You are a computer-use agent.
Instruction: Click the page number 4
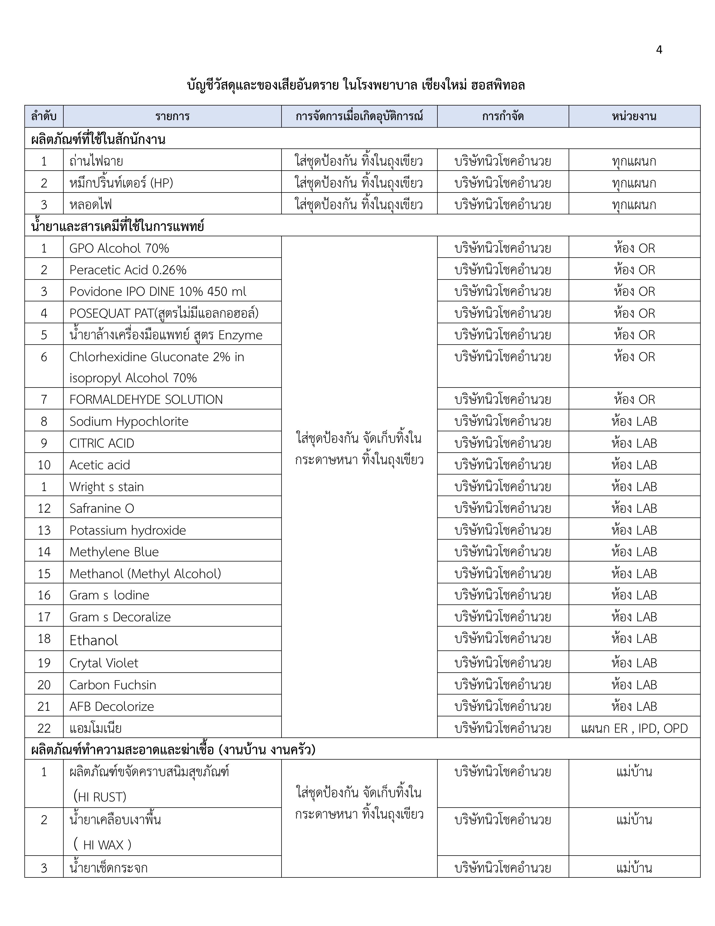click(x=659, y=50)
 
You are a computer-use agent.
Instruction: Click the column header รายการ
click(x=172, y=116)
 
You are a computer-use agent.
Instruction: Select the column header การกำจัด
click(x=503, y=116)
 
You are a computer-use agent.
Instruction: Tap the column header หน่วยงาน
click(x=634, y=116)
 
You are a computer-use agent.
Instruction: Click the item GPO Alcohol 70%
click(x=119, y=248)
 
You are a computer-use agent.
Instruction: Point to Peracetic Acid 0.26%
click(x=128, y=270)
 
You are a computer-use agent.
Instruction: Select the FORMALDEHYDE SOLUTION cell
click(x=146, y=399)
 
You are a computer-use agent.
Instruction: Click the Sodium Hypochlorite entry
click(x=129, y=421)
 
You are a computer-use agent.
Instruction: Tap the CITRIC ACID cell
click(x=102, y=443)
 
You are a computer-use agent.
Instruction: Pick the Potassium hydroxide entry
click(x=128, y=530)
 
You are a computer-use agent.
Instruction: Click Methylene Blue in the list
click(x=114, y=552)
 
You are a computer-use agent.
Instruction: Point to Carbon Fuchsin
click(x=113, y=685)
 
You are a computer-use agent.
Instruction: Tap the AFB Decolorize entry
click(x=111, y=706)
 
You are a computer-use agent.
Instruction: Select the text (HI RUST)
click(x=100, y=797)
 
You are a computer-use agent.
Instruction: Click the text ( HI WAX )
click(x=103, y=845)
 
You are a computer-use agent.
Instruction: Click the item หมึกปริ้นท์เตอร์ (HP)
click(x=121, y=183)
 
